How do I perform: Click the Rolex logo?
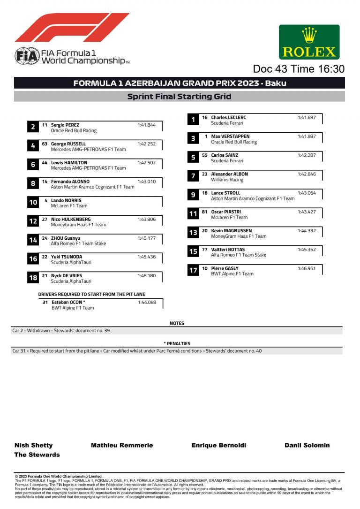pos(309,42)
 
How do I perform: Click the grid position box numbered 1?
pos(193,120)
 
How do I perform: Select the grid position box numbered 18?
pos(33,278)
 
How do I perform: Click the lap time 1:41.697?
pos(307,117)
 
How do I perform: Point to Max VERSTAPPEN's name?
pos(231,136)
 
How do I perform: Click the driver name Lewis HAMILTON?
pos(69,163)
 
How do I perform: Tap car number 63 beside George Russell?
pos(45,144)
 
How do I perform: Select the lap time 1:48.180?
pos(146,276)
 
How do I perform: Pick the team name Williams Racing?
pos(227,180)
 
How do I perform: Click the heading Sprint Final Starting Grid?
pos(180,97)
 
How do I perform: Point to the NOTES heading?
pos(177,323)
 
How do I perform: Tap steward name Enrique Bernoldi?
pos(218,445)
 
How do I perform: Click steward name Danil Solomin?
pos(307,445)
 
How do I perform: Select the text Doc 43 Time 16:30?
pos(299,69)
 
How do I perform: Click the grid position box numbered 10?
pos(33,203)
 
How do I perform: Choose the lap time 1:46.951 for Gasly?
pos(307,268)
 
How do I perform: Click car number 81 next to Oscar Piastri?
pos(205,212)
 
